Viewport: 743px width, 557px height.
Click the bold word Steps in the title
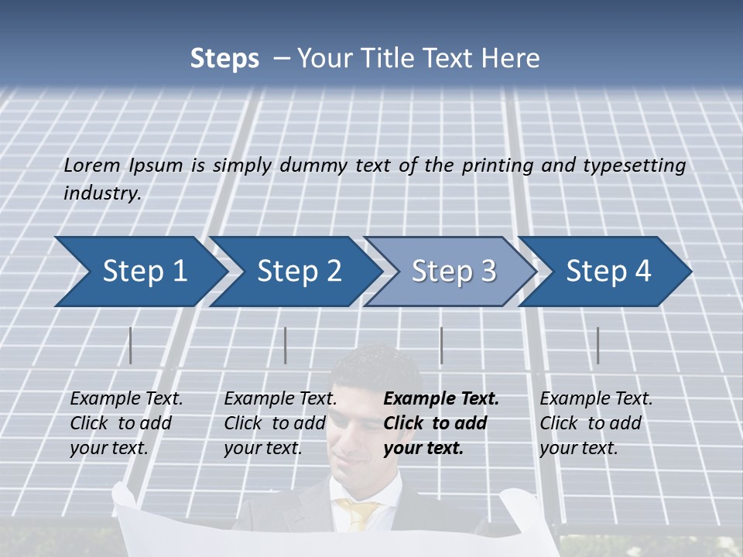coord(224,59)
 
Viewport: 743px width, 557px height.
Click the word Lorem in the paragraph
coord(92,166)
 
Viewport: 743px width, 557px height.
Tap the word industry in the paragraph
coord(101,193)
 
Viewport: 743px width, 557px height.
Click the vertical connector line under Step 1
coord(131,345)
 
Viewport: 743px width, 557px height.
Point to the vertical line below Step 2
coord(286,345)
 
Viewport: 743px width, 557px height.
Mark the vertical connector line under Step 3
coord(441,345)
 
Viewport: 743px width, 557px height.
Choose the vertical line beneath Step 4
coord(597,345)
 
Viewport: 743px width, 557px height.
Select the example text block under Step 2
coord(279,423)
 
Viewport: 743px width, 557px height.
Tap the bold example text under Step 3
coord(440,423)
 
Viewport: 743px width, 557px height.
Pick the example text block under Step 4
coord(595,423)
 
